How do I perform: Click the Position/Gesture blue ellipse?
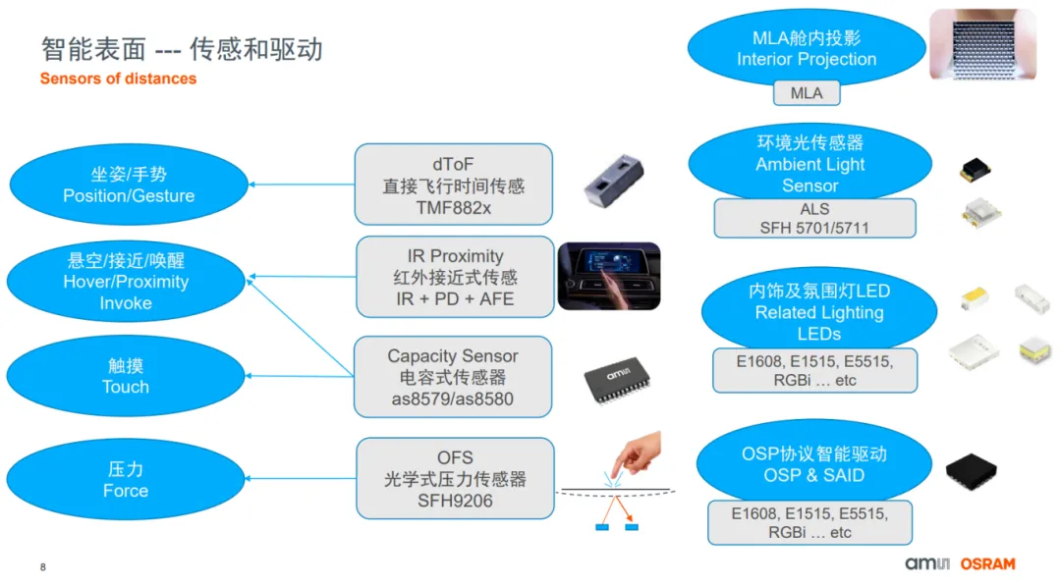pyautogui.click(x=129, y=185)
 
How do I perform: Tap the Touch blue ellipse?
pyautogui.click(x=125, y=376)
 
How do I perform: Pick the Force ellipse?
pyautogui.click(x=125, y=480)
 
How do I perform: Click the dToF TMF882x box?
pyautogui.click(x=453, y=184)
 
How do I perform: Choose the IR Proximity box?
pyautogui.click(x=454, y=277)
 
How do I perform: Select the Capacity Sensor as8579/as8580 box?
pyautogui.click(x=452, y=377)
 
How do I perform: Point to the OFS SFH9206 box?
pyautogui.click(x=454, y=479)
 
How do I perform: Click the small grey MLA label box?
pyautogui.click(x=807, y=93)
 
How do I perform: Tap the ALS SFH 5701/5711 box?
pyautogui.click(x=814, y=219)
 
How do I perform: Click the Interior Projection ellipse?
pyautogui.click(x=806, y=49)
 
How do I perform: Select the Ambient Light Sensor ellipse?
pyautogui.click(x=810, y=163)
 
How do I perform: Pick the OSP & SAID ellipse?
pyautogui.click(x=813, y=464)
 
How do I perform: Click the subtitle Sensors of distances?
pyautogui.click(x=118, y=79)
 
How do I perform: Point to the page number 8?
pyautogui.click(x=43, y=567)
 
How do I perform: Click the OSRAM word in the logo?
pyautogui.click(x=987, y=564)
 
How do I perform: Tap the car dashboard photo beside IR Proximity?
pyautogui.click(x=608, y=277)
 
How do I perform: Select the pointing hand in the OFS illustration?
pyautogui.click(x=634, y=453)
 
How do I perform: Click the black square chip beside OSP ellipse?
pyautogui.click(x=973, y=472)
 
